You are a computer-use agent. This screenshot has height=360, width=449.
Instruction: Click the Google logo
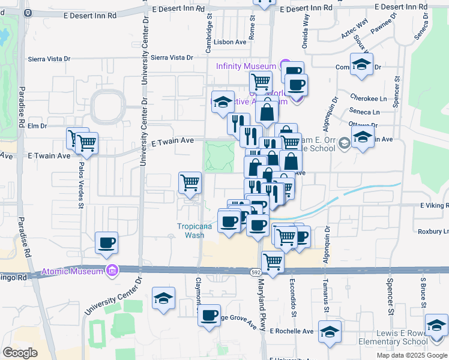[20, 352]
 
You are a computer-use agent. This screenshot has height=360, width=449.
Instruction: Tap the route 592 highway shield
[255, 272]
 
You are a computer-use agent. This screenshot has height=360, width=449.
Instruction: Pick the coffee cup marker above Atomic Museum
[107, 243]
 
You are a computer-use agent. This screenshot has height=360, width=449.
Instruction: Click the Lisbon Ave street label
[233, 42]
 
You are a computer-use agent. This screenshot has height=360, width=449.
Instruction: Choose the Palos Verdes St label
[81, 186]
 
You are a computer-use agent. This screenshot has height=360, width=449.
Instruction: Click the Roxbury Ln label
[433, 231]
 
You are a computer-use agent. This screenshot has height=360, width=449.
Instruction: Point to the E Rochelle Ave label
[292, 331]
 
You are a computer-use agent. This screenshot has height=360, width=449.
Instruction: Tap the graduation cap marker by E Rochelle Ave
[330, 331]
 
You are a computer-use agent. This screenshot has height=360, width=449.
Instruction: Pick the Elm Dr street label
[37, 126]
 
